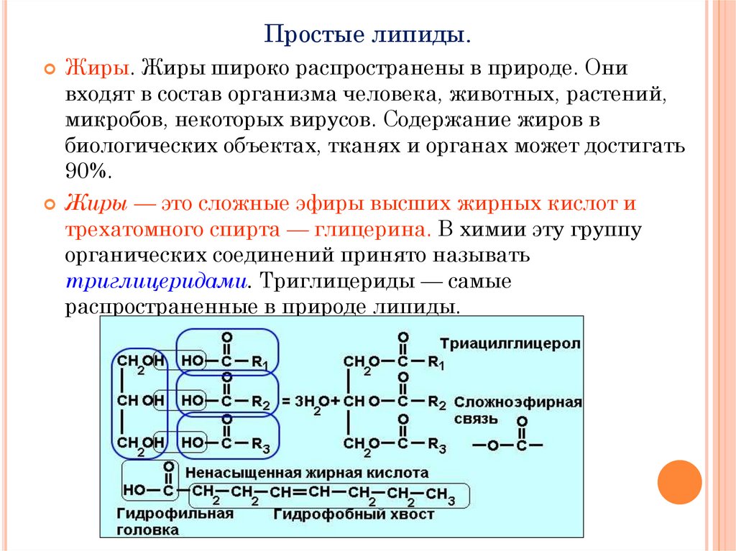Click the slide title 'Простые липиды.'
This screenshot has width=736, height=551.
tap(367, 34)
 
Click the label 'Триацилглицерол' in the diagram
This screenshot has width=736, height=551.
tap(511, 344)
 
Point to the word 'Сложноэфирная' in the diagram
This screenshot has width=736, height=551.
tap(517, 402)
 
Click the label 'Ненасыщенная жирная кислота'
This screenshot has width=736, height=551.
tap(307, 473)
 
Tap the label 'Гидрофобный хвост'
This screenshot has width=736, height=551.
tap(354, 514)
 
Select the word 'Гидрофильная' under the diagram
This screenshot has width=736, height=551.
tap(175, 514)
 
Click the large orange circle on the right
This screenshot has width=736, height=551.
tap(679, 481)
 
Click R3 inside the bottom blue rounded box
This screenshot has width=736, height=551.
tap(260, 446)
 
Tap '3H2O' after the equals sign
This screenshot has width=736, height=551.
tap(310, 402)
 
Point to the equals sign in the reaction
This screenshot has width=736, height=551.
tap(285, 402)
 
